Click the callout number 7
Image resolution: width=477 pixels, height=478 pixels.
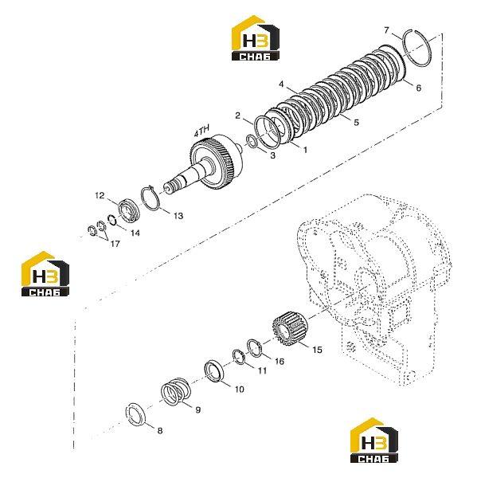[x=386, y=30]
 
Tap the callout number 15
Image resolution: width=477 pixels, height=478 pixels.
[x=317, y=350]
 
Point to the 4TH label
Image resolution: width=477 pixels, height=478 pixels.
[x=201, y=131]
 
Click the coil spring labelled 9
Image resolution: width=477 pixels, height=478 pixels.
[x=175, y=391]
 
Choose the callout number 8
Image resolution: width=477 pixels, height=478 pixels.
[x=160, y=430]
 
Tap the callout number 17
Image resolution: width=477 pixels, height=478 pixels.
[x=115, y=244]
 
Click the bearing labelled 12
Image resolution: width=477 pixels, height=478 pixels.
[x=129, y=210]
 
